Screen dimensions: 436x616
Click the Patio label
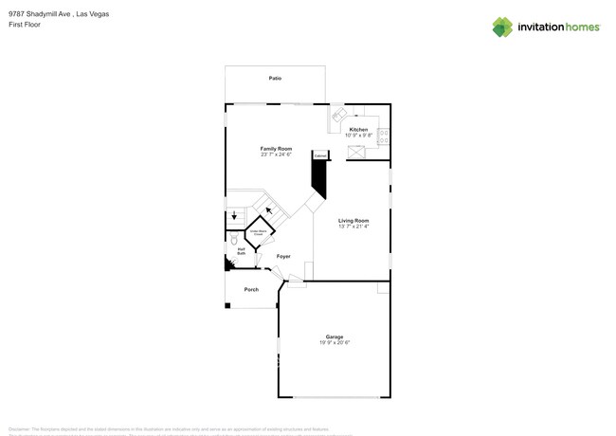click(x=275, y=79)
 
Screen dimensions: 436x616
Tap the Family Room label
click(x=276, y=149)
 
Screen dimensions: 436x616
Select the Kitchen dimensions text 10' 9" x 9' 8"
click(x=358, y=136)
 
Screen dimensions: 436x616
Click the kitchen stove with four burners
click(x=384, y=136)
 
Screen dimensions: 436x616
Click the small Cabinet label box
click(x=320, y=154)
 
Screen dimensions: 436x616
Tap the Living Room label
click(x=353, y=221)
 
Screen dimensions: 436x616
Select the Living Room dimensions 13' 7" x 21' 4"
click(x=353, y=227)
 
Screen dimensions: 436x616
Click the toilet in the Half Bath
click(x=232, y=242)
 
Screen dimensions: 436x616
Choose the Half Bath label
click(x=242, y=252)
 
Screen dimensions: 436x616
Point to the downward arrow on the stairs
click(x=235, y=216)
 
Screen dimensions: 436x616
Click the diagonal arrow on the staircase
click(x=269, y=210)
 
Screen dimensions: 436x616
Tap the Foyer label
click(x=283, y=257)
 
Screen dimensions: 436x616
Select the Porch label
click(x=251, y=289)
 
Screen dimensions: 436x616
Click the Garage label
click(x=335, y=336)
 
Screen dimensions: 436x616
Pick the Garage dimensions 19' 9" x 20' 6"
click(x=335, y=342)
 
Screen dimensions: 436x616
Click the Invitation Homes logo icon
click(x=502, y=27)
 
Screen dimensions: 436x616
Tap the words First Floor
click(x=25, y=26)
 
